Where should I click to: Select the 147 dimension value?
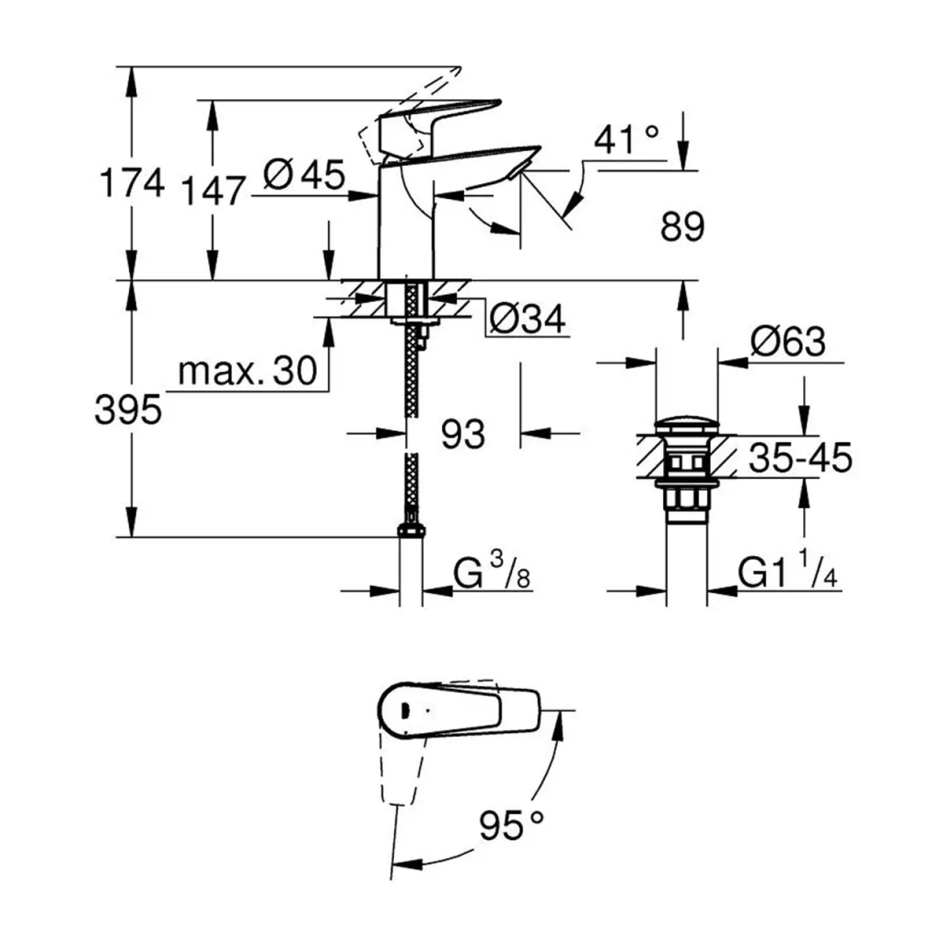tap(213, 192)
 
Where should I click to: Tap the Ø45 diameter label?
tap(303, 173)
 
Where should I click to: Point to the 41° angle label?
tap(626, 140)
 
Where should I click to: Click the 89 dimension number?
tap(681, 227)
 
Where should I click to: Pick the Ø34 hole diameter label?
tap(528, 320)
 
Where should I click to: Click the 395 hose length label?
tap(128, 411)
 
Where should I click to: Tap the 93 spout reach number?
tap(462, 433)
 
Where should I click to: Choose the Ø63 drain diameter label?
tap(787, 343)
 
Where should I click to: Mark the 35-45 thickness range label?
tap(799, 458)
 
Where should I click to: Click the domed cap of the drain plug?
tap(689, 426)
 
